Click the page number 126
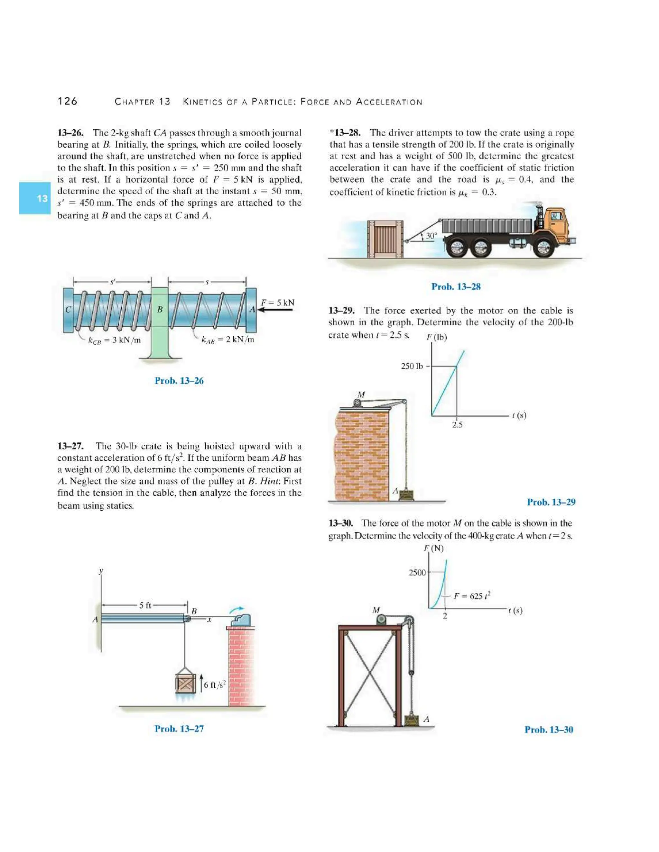tap(68, 101)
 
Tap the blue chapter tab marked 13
tap(35, 198)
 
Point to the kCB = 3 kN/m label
tap(114, 340)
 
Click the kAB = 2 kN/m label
tap(227, 340)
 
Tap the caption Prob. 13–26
tap(179, 381)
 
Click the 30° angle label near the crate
tap(431, 236)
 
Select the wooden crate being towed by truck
tap(385, 239)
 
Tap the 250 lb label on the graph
tap(412, 366)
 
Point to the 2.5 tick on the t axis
tap(457, 425)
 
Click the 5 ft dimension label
tap(145, 605)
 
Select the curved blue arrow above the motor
tap(236, 609)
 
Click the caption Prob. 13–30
tap(549, 730)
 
